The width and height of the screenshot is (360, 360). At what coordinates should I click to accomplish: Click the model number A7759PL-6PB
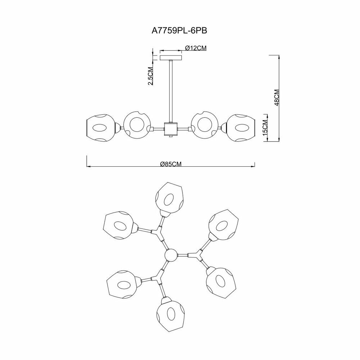(180, 31)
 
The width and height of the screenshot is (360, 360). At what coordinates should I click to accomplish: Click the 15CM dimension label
(265, 128)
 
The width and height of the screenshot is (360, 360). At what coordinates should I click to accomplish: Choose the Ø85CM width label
(170, 164)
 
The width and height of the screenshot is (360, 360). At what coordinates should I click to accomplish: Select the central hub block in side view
(171, 129)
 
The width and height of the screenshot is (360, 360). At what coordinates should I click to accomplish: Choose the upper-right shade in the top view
(222, 224)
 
